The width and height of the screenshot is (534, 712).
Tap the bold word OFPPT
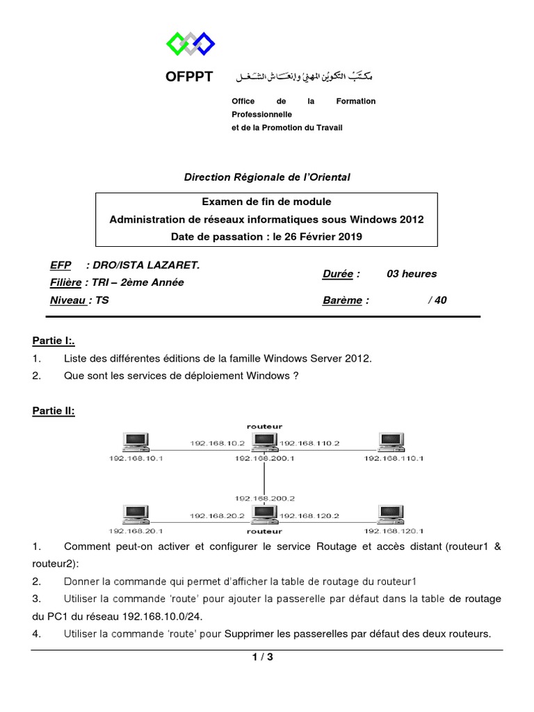[x=189, y=76]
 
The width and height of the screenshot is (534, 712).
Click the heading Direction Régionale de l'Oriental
[x=267, y=177]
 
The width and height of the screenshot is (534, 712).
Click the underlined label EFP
[x=60, y=265]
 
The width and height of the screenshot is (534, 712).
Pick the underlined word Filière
[x=65, y=282]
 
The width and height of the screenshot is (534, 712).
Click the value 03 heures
[x=412, y=274]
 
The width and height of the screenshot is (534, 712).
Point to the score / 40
[x=438, y=300]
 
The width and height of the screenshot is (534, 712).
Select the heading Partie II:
[x=54, y=411]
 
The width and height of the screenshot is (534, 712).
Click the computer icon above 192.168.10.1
[x=135, y=442]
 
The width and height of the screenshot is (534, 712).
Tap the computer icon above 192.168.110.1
[x=393, y=442]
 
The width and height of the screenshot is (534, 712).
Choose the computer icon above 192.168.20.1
[x=135, y=515]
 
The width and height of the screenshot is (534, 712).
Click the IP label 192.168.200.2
[x=265, y=499]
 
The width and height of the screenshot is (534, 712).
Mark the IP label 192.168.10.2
[x=218, y=443]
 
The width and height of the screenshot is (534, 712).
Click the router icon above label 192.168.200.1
[x=264, y=442]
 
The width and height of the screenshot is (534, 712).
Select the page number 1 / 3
[x=263, y=657]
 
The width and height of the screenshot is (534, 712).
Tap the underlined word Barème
[x=342, y=300]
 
